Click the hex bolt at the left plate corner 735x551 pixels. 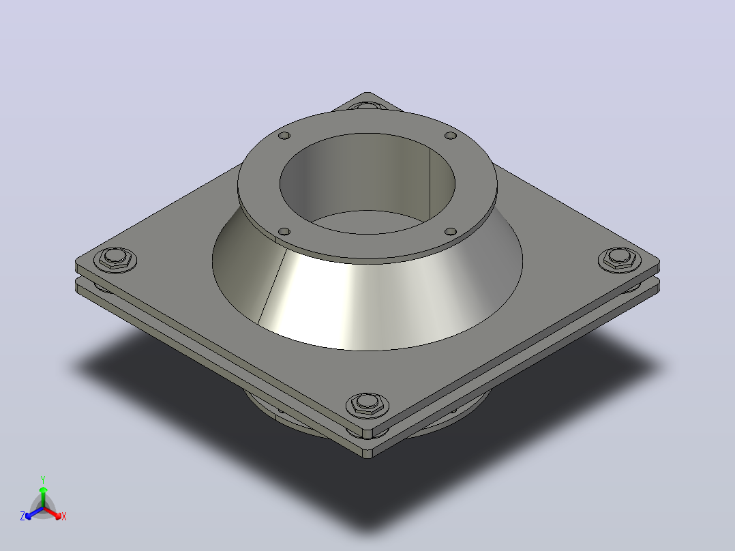[115, 258]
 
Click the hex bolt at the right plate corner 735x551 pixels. [620, 258]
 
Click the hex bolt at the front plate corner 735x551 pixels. [367, 404]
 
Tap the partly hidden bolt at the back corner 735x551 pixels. [367, 106]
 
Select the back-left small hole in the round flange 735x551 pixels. [284, 136]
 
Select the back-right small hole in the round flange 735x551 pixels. [451, 136]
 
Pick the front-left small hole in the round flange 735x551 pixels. [284, 232]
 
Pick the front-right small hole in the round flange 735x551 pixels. [451, 232]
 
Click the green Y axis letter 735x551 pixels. [43, 480]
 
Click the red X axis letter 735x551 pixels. [64, 516]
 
